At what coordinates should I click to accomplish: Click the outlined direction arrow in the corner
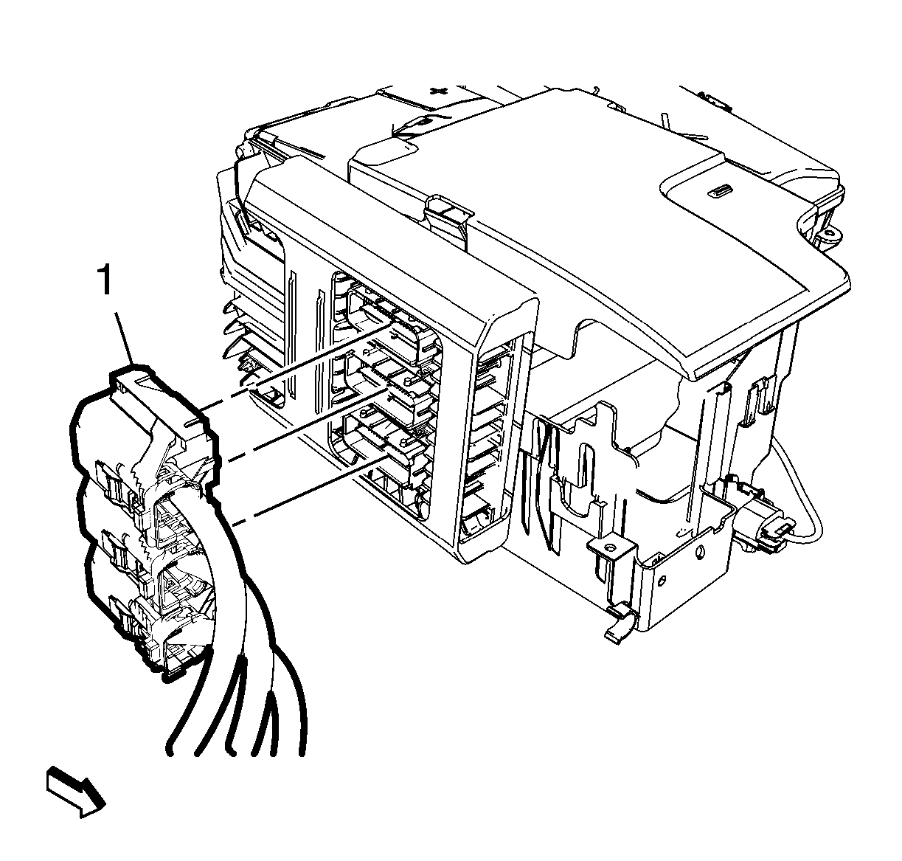pyautogui.click(x=76, y=791)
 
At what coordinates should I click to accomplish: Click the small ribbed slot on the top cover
pyautogui.click(x=718, y=190)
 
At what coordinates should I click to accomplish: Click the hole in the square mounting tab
pyautogui.click(x=610, y=547)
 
